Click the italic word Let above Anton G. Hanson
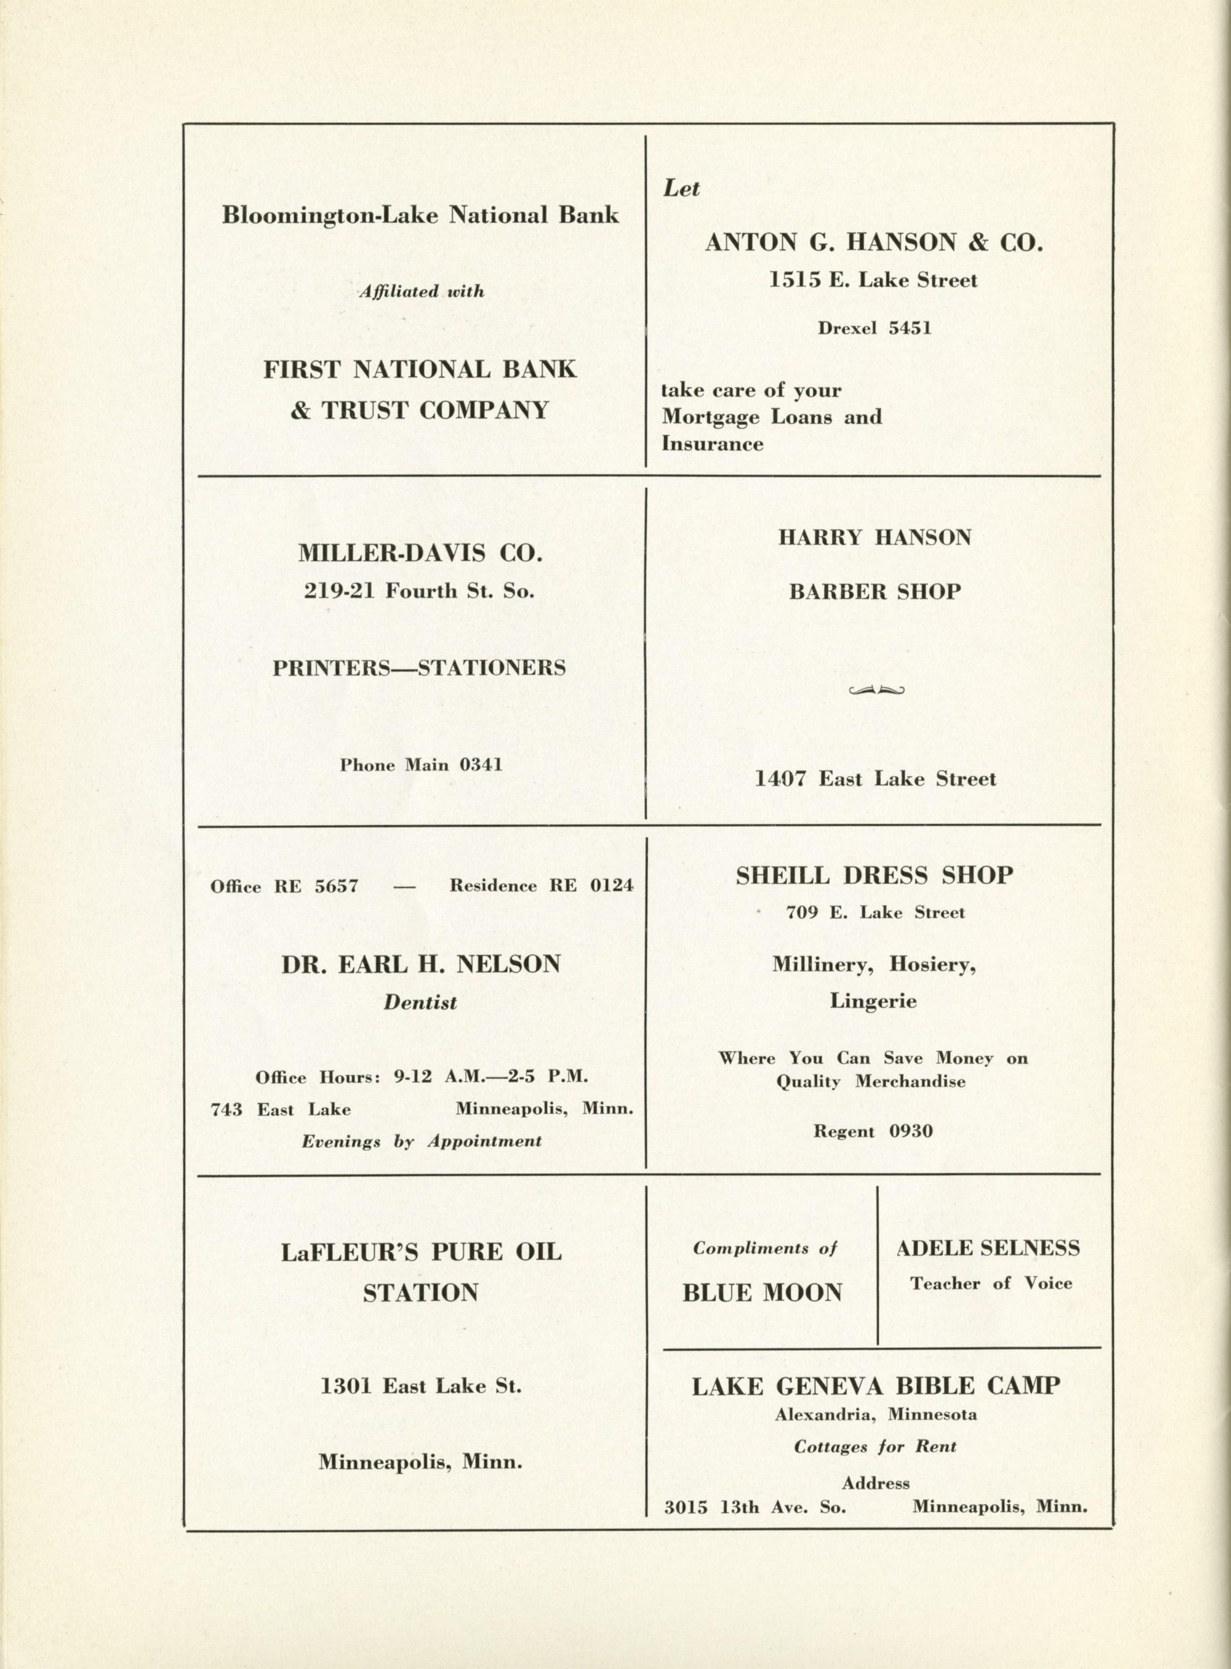click(x=681, y=188)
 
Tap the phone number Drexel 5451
click(x=874, y=328)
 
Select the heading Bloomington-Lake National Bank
click(x=420, y=216)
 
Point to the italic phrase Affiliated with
click(x=421, y=291)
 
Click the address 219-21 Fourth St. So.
click(x=419, y=591)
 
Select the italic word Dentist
click(x=420, y=1002)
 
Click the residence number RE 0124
click(x=592, y=885)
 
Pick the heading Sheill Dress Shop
click(x=874, y=875)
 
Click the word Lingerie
click(x=873, y=1001)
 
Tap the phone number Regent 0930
click(x=873, y=1131)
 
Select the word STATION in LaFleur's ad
click(x=420, y=1292)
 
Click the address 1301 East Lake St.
click(x=420, y=1386)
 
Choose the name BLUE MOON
click(x=762, y=1293)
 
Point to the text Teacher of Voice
click(x=990, y=1283)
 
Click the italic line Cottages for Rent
click(x=875, y=1447)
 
